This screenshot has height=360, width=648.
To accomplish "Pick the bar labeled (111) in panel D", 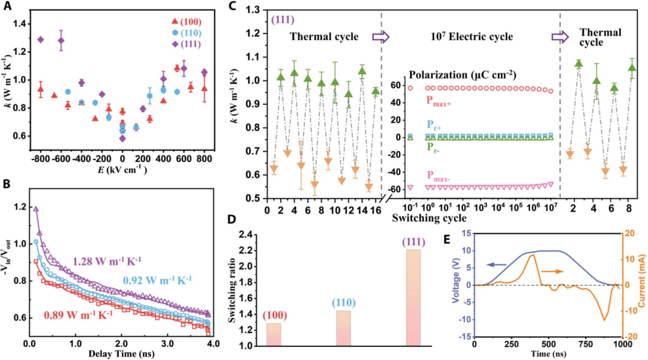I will (x=413, y=298).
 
